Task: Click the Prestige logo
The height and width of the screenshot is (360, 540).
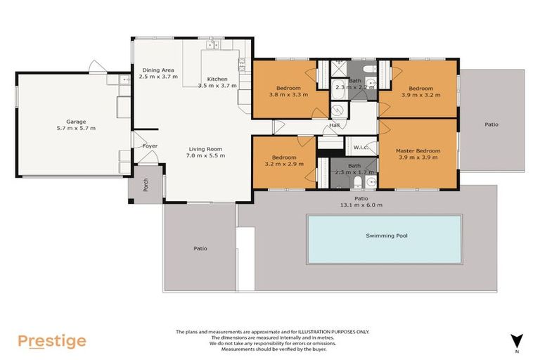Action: (x=52, y=342)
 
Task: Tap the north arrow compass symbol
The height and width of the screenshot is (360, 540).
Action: (x=517, y=340)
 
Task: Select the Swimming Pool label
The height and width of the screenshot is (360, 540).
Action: (x=386, y=236)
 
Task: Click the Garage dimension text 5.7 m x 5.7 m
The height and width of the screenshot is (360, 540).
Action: (x=76, y=128)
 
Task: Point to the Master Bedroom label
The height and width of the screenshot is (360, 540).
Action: (x=418, y=150)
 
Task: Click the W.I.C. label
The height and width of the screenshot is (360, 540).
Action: (x=361, y=148)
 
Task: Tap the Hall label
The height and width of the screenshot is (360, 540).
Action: (x=334, y=127)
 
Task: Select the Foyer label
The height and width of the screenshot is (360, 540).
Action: (x=150, y=146)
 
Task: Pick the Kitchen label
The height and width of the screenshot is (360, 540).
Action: (x=217, y=79)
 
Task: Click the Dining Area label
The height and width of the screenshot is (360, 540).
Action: (x=157, y=70)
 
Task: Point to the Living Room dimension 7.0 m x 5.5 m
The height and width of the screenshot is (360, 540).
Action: (x=205, y=155)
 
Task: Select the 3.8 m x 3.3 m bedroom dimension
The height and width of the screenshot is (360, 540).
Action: (x=288, y=94)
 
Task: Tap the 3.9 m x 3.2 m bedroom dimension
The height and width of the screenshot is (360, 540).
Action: (x=420, y=94)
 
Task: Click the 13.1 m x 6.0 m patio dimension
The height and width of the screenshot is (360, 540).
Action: (x=361, y=205)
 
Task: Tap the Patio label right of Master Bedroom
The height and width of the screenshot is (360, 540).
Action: (x=491, y=124)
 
